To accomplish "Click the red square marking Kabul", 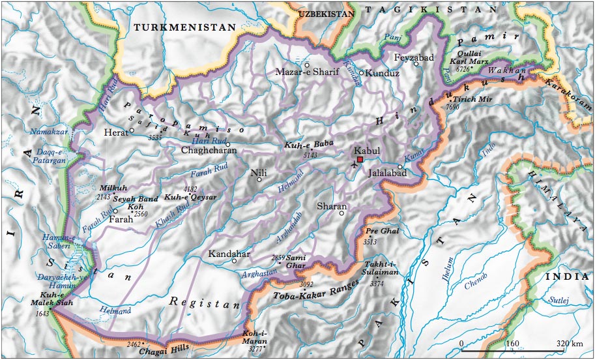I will pyautogui.click(x=359, y=158).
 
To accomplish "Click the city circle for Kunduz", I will pyautogui.click(x=361, y=73).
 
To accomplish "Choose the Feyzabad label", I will pyautogui.click(x=414, y=57).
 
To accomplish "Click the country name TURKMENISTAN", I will pyautogui.click(x=183, y=27).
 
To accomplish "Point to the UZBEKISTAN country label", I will pyautogui.click(x=325, y=12).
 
